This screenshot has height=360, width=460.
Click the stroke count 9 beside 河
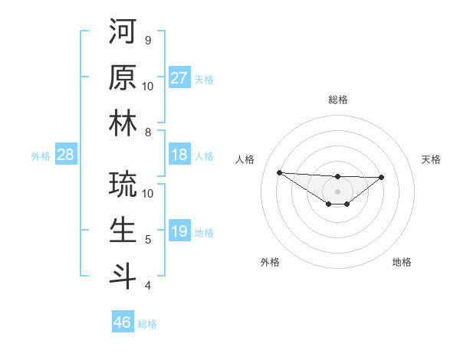point(147,40)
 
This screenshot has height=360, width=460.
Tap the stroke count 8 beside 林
point(147,132)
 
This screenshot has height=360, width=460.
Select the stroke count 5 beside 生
point(147,240)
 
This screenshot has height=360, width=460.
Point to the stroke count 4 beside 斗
point(147,286)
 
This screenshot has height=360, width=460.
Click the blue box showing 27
point(179,78)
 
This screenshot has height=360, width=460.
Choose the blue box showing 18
point(179,155)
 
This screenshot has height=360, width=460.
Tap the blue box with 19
point(179,231)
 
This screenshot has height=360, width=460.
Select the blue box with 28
point(65,155)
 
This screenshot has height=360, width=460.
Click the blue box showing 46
point(123,322)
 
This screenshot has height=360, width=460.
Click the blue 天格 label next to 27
point(204,79)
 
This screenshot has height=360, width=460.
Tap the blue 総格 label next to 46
point(147,324)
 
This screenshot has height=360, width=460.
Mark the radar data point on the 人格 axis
point(279,172)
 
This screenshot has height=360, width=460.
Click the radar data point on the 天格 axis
point(382,177)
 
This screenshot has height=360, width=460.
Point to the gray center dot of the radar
point(337,191)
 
